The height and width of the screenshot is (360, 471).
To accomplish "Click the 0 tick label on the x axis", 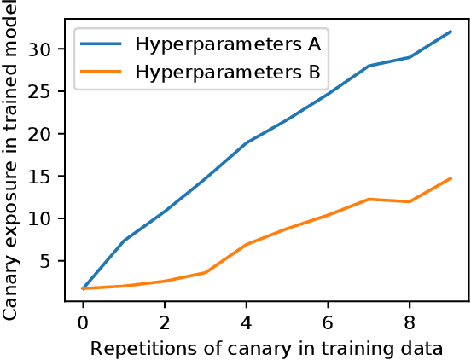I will coord(83,325).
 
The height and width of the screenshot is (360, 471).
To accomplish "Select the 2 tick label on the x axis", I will coord(165,325).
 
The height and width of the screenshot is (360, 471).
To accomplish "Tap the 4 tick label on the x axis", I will coord(247,325).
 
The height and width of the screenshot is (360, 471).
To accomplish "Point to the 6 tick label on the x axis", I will coord(329,325).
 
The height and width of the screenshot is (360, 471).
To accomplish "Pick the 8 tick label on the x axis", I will coord(410,325).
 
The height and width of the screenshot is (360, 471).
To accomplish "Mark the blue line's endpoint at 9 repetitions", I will coord(451,31).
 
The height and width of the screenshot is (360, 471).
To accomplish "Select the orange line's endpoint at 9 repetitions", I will coord(451,177).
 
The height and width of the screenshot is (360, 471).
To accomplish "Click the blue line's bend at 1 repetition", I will coord(124,241).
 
